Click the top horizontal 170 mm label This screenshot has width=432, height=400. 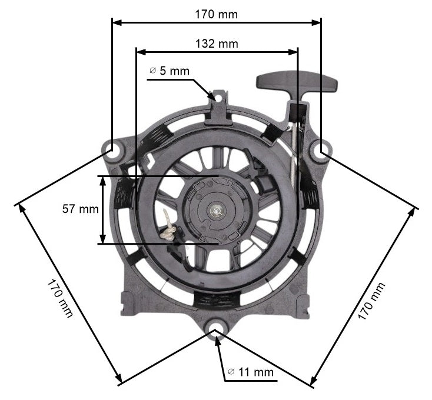click(x=217, y=14)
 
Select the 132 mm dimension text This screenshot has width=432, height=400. click(x=217, y=44)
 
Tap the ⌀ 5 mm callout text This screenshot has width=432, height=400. click(x=170, y=71)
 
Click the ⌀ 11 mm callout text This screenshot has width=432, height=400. click(x=250, y=372)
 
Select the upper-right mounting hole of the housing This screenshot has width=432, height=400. click(x=321, y=151)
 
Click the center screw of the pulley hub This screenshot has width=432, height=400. click(x=217, y=208)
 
